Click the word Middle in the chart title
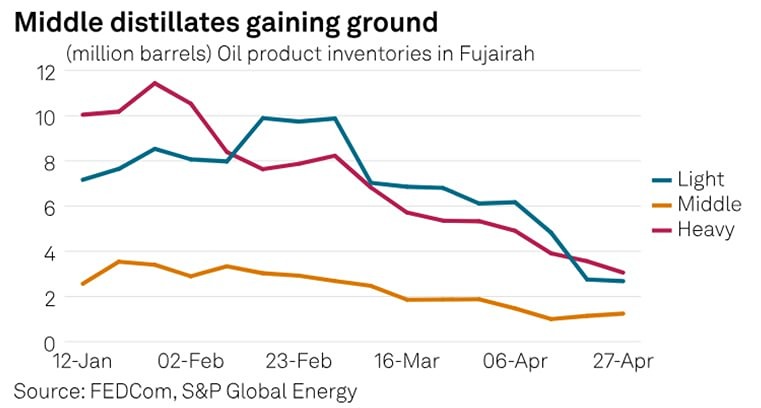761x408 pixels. (x=56, y=20)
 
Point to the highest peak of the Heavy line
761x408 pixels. (x=153, y=83)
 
